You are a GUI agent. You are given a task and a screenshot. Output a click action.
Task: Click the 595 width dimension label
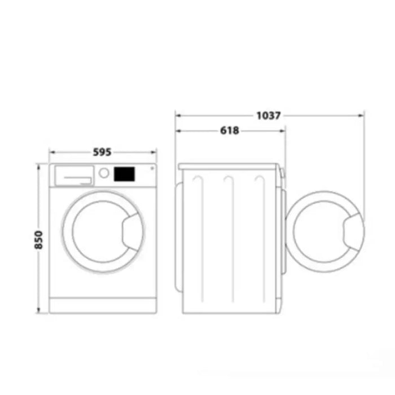pyautogui.click(x=102, y=152)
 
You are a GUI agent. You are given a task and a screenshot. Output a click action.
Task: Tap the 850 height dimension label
pyautogui.click(x=38, y=240)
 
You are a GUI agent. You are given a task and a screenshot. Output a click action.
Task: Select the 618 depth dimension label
pyautogui.click(x=229, y=131)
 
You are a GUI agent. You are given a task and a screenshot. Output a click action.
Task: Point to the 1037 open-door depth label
pyautogui.click(x=269, y=116)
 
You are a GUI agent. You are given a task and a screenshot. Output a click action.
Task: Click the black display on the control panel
pyautogui.click(x=125, y=174)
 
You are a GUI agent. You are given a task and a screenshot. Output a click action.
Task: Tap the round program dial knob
pyautogui.click(x=104, y=173)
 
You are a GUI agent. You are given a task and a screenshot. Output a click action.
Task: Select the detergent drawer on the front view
pyautogui.click(x=73, y=175)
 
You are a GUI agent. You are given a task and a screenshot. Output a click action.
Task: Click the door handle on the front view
pyautogui.click(x=133, y=231)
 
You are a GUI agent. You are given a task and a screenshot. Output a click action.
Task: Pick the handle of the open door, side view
pyautogui.click(x=354, y=231)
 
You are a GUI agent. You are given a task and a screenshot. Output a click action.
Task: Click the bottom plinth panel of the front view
pyautogui.click(x=103, y=305)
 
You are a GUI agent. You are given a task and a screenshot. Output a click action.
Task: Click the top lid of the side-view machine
pyautogui.click(x=228, y=166)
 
